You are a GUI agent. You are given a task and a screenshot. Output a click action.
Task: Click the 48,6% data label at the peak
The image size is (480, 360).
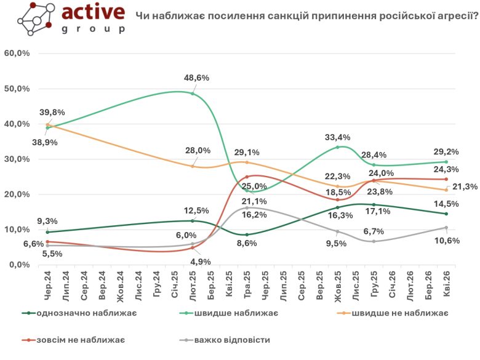197,78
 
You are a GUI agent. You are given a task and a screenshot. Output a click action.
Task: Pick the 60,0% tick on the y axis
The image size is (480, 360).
17,54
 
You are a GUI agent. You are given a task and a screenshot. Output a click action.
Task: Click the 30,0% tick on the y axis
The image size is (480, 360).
17,159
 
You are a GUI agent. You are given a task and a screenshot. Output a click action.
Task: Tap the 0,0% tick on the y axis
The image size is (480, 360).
19,265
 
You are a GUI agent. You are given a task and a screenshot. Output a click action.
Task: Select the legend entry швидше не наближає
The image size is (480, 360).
399,314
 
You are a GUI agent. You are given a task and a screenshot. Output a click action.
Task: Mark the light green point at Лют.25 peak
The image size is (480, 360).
193,94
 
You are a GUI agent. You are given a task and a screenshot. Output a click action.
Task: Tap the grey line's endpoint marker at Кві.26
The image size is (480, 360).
446,228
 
